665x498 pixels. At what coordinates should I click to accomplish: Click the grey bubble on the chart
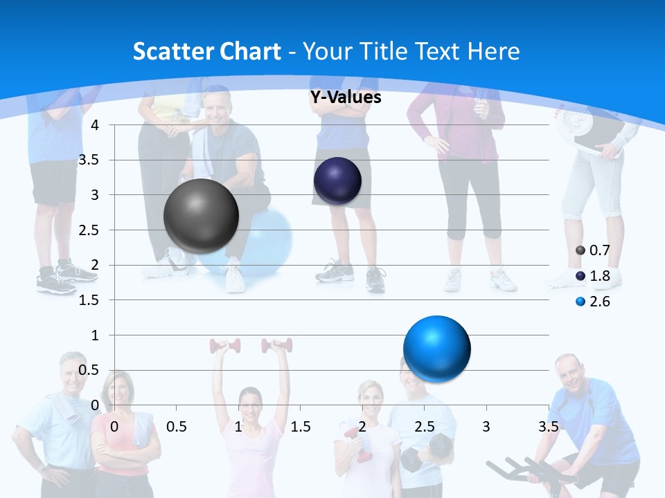201,216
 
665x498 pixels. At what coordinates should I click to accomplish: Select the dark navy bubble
337,181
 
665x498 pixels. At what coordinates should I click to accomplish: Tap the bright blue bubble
436,349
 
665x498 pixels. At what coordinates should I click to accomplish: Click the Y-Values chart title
346,98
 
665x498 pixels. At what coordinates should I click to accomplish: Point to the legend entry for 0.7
593,250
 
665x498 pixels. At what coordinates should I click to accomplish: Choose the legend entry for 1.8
593,276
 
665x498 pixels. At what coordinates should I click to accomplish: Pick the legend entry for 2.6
593,302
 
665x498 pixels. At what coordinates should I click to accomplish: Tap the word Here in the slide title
494,51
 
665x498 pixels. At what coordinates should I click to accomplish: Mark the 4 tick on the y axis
95,125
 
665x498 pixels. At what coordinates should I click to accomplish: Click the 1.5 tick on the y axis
89,300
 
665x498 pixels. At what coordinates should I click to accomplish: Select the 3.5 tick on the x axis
549,426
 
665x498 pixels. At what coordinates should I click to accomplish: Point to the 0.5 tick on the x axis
177,426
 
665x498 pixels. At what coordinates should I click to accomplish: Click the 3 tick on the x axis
486,426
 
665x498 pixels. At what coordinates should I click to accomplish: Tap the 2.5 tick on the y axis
89,230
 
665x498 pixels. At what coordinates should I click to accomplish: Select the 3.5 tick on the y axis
89,160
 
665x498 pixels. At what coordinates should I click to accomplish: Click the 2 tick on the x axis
362,426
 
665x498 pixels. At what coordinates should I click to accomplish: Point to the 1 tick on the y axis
95,335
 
